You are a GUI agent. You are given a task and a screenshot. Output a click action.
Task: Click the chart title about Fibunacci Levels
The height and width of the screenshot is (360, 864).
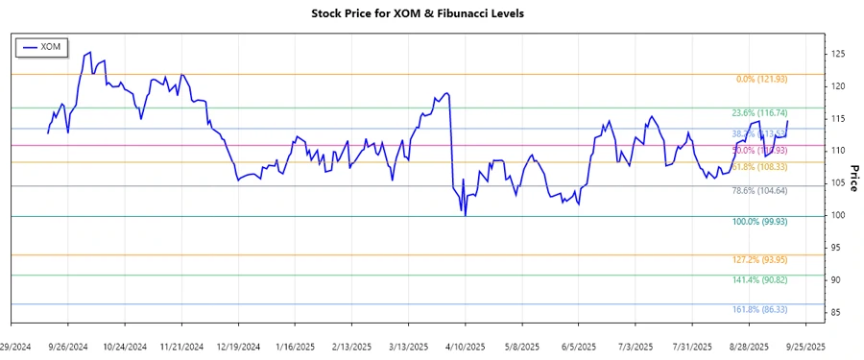click(x=431, y=13)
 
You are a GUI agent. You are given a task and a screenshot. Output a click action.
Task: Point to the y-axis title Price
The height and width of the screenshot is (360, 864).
click(x=853, y=179)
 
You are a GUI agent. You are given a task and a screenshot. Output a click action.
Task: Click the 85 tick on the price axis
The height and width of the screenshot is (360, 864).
click(x=837, y=313)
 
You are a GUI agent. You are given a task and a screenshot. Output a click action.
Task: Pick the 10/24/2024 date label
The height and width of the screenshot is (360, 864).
click(x=126, y=346)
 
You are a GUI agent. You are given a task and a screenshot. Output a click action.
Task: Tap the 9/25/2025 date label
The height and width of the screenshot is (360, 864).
click(x=804, y=346)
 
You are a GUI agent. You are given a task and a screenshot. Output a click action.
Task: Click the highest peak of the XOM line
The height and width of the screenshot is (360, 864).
click(x=90, y=53)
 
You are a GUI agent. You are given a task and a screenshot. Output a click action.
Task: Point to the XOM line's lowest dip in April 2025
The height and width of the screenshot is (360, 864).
click(x=466, y=215)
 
